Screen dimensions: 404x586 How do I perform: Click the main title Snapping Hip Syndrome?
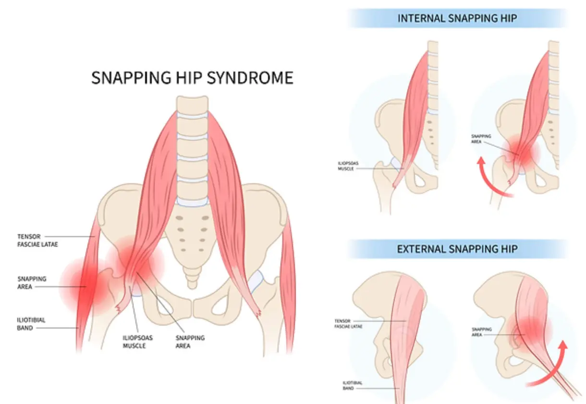[x=192, y=77]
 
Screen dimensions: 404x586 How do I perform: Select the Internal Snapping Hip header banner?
[x=457, y=19]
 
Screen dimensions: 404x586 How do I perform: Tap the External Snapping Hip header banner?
[x=457, y=249]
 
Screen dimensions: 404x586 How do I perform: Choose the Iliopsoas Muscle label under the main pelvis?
[x=134, y=341]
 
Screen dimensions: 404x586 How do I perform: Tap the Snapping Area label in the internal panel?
[x=481, y=139]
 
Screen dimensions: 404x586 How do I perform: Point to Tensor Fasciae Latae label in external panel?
[x=349, y=323]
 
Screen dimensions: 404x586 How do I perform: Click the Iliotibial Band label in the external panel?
[x=352, y=385]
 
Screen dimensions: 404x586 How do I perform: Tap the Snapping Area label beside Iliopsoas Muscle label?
[x=190, y=341]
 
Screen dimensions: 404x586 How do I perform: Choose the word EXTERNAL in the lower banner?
[x=420, y=249]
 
